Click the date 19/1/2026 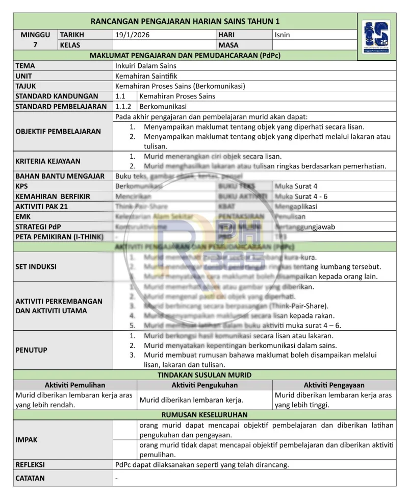[x=133, y=35]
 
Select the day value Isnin [x=282, y=35]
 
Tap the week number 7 [x=35, y=45]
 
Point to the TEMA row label [x=25, y=65]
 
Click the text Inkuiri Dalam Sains [x=146, y=65]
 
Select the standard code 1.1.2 [x=123, y=107]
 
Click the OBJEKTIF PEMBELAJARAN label [x=58, y=131]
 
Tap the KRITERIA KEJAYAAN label [x=48, y=161]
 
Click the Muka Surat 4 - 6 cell [x=301, y=196]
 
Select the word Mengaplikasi [x=295, y=207]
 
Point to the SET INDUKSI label [x=36, y=267]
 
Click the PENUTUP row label [x=32, y=350]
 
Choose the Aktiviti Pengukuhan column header [x=205, y=385]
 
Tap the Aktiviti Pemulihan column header [x=75, y=385]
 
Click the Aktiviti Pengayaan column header [x=334, y=385]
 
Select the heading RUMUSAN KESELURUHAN [x=205, y=415]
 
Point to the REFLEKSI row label [x=30, y=465]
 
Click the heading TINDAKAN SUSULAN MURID [x=205, y=375]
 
